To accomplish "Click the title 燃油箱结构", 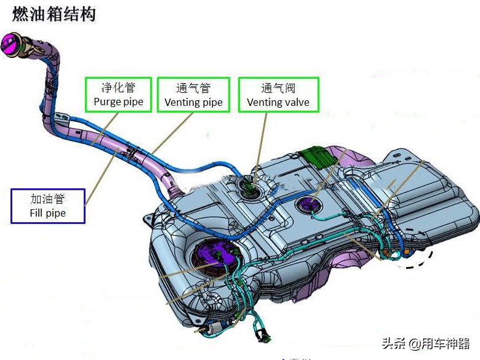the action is point(54,14).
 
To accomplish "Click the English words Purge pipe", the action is point(119,102).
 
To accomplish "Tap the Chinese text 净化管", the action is point(119,88).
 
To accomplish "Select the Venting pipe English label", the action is point(193,102).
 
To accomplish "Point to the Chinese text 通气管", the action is point(193,88).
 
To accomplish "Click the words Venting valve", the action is point(278,102).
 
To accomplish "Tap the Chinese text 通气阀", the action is point(278,88).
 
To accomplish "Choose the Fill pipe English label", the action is point(48,213).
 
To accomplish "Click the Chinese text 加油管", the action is point(48,199).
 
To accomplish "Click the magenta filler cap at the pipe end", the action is point(10,44).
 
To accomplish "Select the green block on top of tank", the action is point(318,158).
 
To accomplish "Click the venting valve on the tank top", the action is point(249,187).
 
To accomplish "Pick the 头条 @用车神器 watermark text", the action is point(426,344).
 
